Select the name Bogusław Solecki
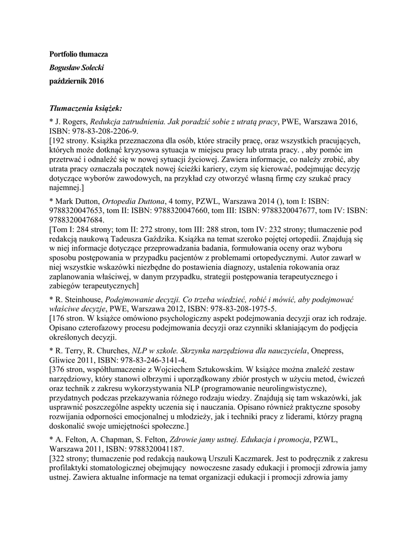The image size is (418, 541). coord(76,68)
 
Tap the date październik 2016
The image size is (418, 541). coord(77,81)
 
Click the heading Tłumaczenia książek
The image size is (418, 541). coord(86,108)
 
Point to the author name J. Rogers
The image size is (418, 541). coord(71,122)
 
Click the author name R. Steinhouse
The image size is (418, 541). coord(80,299)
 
